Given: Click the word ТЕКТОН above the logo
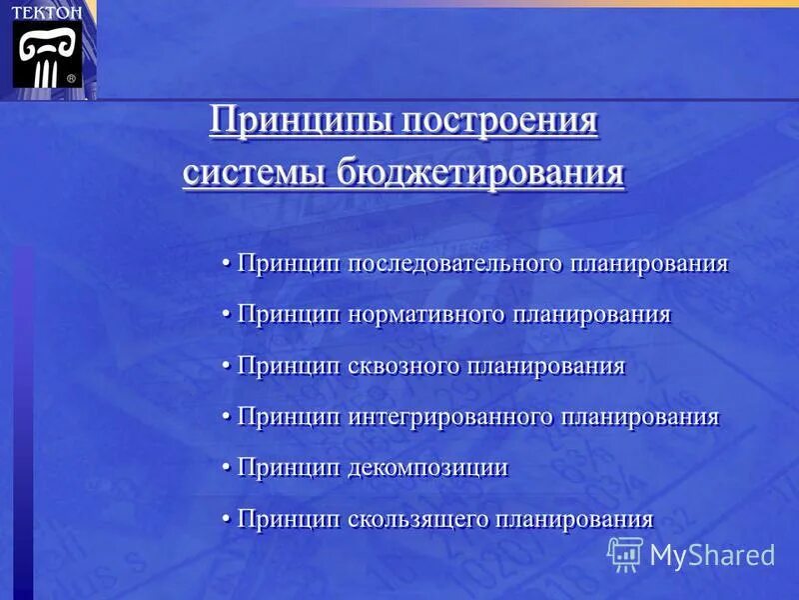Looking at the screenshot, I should (x=47, y=11).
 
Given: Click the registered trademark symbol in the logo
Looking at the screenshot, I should (x=71, y=77).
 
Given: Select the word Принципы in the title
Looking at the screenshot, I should (x=301, y=123).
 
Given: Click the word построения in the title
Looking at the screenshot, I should (x=500, y=123).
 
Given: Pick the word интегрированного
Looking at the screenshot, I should (x=450, y=417).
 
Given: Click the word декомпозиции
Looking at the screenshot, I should (x=428, y=468).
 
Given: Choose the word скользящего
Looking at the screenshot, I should (x=416, y=519).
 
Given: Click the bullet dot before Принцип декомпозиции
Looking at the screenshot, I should (x=227, y=468).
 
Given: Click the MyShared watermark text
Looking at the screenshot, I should (x=712, y=555).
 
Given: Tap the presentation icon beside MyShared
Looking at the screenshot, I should (x=625, y=554).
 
